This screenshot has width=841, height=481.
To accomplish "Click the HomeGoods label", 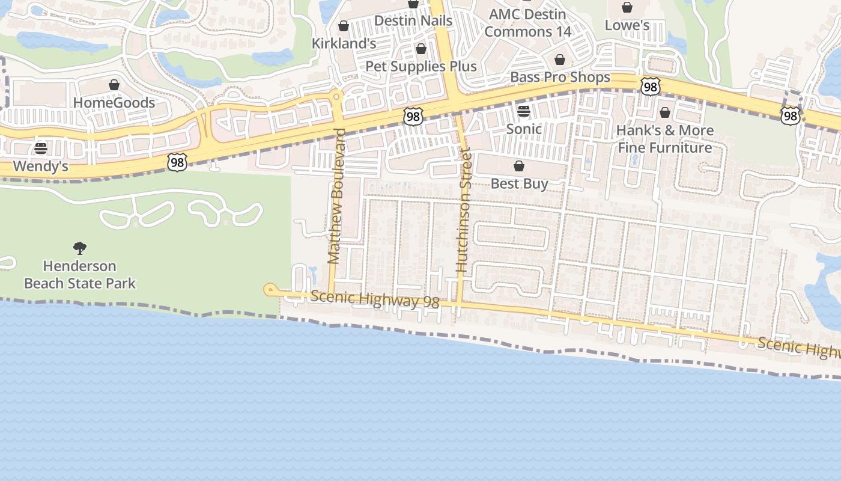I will [x=114, y=103].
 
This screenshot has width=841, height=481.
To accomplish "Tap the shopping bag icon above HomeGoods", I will [x=114, y=85].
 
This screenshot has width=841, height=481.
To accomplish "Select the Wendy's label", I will [x=40, y=166].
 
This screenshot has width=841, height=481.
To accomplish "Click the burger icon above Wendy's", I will [x=41, y=148].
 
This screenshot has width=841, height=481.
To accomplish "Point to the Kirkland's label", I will [x=344, y=43].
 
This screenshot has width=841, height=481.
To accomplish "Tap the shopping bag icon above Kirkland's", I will [x=344, y=26].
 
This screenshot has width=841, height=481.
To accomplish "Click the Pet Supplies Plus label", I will [x=421, y=66].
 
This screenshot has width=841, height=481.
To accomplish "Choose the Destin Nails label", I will [x=413, y=20].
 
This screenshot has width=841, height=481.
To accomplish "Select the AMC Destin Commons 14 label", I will [x=528, y=22].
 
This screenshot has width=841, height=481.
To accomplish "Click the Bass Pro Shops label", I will [x=560, y=77].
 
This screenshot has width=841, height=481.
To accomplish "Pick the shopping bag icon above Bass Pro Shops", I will [x=560, y=60].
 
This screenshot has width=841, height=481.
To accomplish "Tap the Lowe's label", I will [x=627, y=25].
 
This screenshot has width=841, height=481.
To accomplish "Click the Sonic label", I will [x=524, y=129].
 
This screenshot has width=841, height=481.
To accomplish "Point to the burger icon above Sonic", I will [x=524, y=111].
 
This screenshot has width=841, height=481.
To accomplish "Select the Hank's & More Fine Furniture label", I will [x=665, y=139].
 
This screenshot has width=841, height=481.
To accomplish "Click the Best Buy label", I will [x=519, y=183].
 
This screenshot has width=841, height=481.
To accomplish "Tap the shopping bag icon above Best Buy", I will [x=519, y=166].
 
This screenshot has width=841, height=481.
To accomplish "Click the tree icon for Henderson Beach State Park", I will [x=80, y=248].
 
